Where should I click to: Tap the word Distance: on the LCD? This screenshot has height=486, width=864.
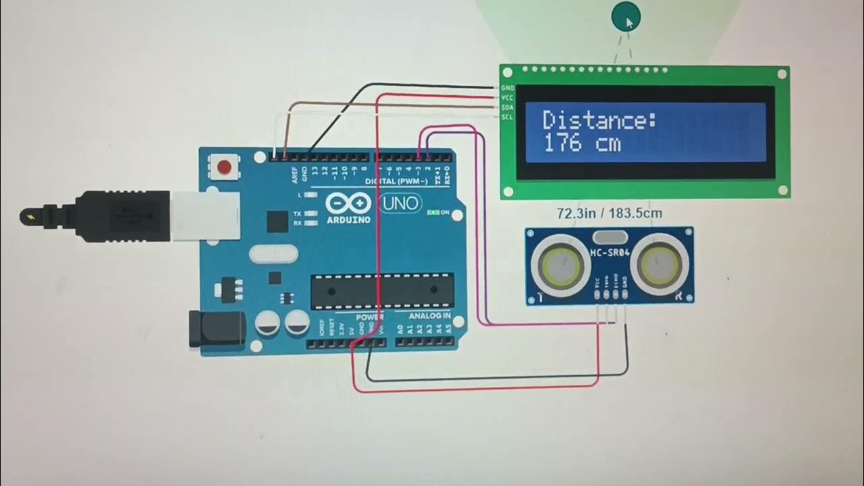[599, 122]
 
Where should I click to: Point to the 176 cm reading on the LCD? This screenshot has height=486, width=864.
[581, 144]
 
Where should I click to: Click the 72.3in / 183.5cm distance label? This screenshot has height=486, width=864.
[609, 213]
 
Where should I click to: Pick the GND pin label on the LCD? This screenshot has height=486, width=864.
[508, 88]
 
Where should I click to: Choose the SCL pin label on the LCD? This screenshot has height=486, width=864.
[508, 117]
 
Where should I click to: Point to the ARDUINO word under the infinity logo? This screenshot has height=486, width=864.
[348, 219]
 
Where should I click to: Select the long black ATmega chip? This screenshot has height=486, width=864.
[380, 290]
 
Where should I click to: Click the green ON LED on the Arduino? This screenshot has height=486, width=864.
[432, 213]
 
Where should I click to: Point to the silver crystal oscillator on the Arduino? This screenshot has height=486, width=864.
[273, 254]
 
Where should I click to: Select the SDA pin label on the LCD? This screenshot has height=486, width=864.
[508, 107]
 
